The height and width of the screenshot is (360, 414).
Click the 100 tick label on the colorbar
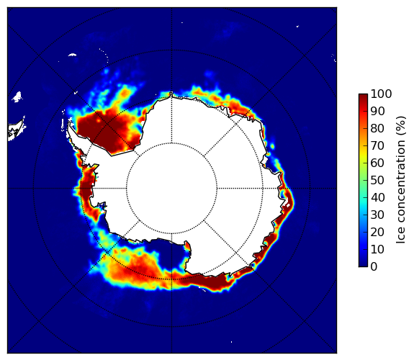pos(381,94)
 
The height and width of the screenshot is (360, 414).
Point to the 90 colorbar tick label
pos(377,111)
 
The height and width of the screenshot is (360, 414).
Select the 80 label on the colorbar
pos(377,129)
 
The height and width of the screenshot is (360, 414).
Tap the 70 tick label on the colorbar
pos(377,145)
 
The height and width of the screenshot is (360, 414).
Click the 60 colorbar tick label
pos(377,163)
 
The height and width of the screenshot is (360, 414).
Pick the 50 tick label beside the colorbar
pos(377,181)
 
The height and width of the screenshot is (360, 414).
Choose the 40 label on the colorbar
pos(377,197)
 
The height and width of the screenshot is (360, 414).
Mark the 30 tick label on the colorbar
pos(377,215)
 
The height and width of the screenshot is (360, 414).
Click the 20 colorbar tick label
pos(377,232)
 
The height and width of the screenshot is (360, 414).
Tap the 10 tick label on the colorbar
pos(377,249)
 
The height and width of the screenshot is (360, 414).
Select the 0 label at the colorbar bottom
pos(374,267)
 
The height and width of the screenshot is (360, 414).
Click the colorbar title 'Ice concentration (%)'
pos(400,180)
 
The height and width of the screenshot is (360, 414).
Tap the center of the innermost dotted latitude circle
pos(171,189)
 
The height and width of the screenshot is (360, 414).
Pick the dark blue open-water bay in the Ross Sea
pos(171,255)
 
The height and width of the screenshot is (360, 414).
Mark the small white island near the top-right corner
pos(297,26)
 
